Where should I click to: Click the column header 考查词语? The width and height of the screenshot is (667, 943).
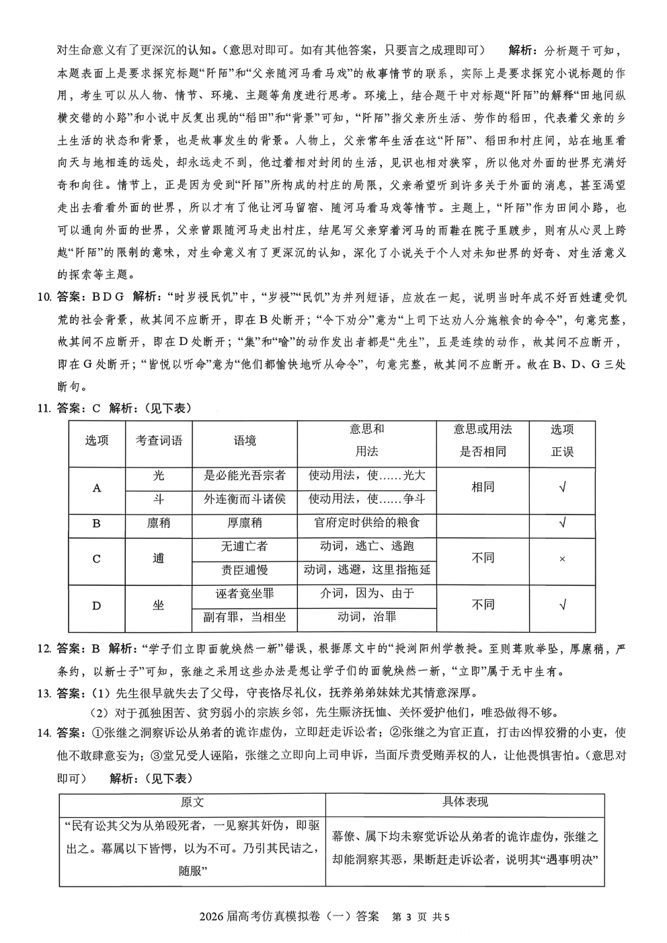pos(159,441)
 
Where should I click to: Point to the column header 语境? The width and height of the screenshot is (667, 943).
pos(245,441)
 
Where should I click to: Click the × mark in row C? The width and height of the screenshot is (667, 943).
pos(562,559)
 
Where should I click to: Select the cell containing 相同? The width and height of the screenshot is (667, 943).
pos(483,487)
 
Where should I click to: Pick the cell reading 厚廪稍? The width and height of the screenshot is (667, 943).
pos(245,523)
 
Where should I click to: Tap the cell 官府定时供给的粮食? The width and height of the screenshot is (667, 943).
pos(366,523)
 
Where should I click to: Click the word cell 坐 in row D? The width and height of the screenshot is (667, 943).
pos(159,605)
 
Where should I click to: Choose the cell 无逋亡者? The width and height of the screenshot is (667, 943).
pos(245,546)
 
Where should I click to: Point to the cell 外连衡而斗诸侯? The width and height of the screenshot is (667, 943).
pos(245,499)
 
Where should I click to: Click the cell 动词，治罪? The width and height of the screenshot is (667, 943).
pos(366,617)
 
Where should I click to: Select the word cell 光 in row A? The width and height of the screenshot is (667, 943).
pos(159,476)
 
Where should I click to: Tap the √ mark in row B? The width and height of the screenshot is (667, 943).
pos(562,523)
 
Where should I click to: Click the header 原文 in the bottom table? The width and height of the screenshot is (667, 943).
pos(192,802)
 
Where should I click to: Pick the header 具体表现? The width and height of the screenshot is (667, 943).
pos(465,802)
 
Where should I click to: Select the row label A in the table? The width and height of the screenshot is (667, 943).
pos(97,488)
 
